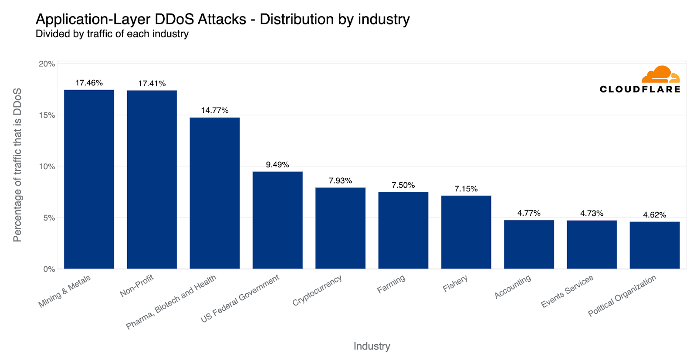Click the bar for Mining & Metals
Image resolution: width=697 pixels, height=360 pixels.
click(x=89, y=179)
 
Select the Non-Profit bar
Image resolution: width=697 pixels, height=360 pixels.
click(x=152, y=180)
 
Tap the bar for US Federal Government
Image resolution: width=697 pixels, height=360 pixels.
click(x=277, y=220)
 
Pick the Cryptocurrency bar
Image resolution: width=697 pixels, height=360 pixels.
click(x=340, y=228)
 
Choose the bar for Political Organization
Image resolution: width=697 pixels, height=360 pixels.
click(x=654, y=245)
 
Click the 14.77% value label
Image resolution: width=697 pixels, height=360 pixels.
click(x=214, y=110)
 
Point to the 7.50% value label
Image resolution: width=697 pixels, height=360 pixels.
click(x=403, y=185)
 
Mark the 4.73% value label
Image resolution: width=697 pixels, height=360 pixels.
click(x=592, y=213)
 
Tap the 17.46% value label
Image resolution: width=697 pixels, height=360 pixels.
click(x=89, y=83)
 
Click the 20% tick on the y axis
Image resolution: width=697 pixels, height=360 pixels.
click(x=47, y=64)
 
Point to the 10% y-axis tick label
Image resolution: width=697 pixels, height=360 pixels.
click(x=47, y=166)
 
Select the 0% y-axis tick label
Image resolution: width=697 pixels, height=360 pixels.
click(x=49, y=269)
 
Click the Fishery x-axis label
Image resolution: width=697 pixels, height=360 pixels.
click(x=455, y=283)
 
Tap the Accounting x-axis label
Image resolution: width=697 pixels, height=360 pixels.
click(x=513, y=286)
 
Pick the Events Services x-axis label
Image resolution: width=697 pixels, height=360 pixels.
click(x=567, y=291)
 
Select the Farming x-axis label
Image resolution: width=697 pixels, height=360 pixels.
click(x=391, y=284)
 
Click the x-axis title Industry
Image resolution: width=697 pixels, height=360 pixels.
click(x=372, y=346)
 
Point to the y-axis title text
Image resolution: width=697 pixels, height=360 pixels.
click(x=17, y=165)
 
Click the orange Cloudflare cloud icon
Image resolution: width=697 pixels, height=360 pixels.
click(x=660, y=75)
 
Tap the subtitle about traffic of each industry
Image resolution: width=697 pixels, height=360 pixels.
click(x=112, y=34)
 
